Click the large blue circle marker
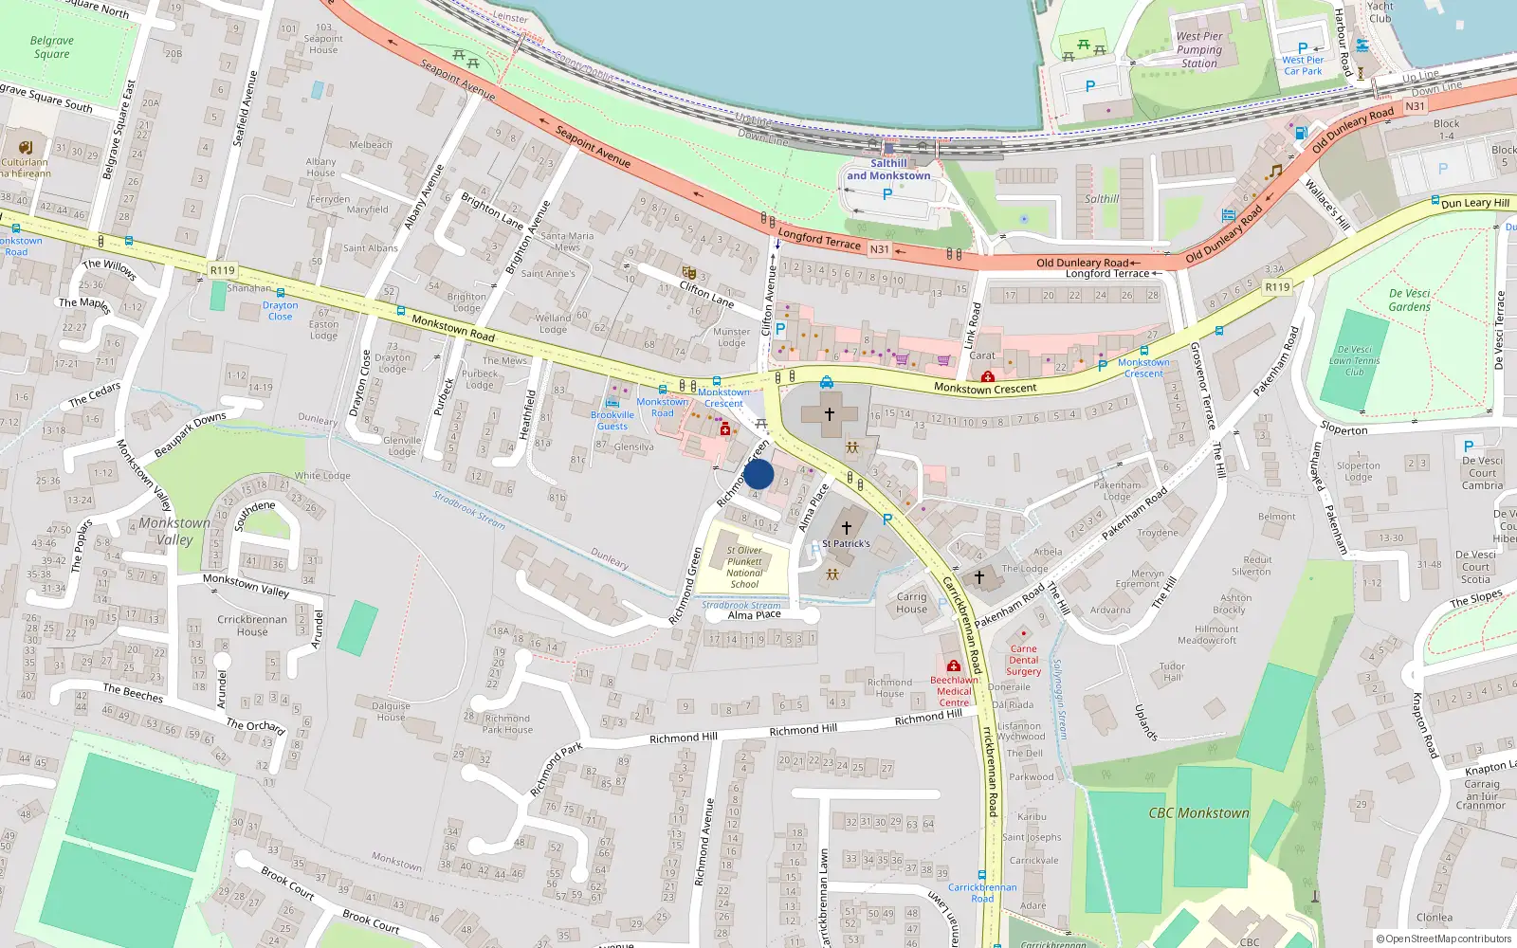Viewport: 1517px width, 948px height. [x=758, y=474]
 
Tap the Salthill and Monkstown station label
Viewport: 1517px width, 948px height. [x=888, y=170]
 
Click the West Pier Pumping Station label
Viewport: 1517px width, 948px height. [x=1199, y=50]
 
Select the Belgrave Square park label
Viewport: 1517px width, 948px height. [x=51, y=47]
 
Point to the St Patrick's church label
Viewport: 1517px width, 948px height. [x=846, y=543]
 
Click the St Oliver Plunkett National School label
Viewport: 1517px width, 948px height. [x=744, y=567]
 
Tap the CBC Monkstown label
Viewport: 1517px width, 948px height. [x=1198, y=813]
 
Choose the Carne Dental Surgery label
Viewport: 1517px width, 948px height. [x=1023, y=661]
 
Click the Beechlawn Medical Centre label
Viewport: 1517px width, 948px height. [x=954, y=691]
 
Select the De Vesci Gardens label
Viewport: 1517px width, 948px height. [x=1409, y=300]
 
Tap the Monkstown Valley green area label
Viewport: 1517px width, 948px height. [x=174, y=531]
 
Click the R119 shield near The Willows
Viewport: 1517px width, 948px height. [x=222, y=271]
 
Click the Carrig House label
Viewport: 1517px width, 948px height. [x=911, y=603]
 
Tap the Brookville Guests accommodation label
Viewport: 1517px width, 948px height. [x=612, y=420]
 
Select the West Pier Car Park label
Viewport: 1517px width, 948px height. [x=1302, y=65]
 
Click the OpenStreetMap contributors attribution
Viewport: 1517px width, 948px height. [x=1443, y=939]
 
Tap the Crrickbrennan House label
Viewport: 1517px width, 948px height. [x=252, y=626]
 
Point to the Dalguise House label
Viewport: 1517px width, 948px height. [x=391, y=712]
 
